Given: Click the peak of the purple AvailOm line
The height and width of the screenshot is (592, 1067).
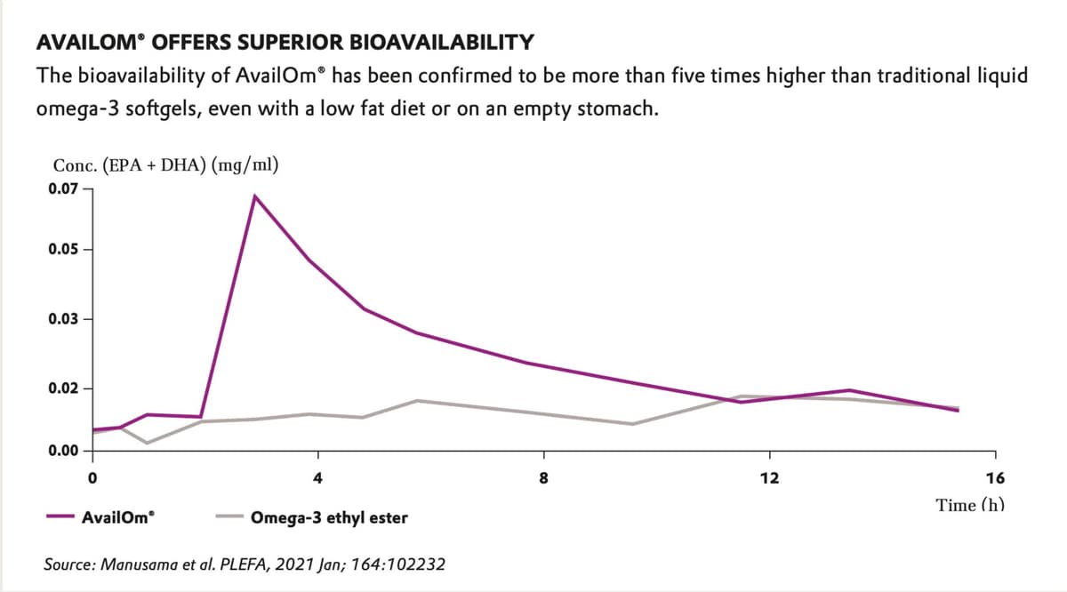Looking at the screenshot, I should [255, 196].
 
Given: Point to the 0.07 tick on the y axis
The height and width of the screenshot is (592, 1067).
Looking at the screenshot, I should [86, 188].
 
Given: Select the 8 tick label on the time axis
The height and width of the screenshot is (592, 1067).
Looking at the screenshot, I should [544, 478].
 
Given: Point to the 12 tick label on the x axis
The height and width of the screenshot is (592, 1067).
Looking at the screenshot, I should [770, 478].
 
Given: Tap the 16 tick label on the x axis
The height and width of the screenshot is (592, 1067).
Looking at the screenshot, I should [995, 478].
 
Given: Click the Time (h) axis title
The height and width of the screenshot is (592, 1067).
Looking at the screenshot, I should [970, 506].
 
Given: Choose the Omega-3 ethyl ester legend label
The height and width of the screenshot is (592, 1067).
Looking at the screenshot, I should [330, 516].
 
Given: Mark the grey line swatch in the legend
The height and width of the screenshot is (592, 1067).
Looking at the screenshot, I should [228, 516].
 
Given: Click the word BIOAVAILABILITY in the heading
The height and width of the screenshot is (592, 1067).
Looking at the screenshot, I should [438, 42].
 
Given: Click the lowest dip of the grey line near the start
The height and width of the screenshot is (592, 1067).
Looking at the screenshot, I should [147, 443].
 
